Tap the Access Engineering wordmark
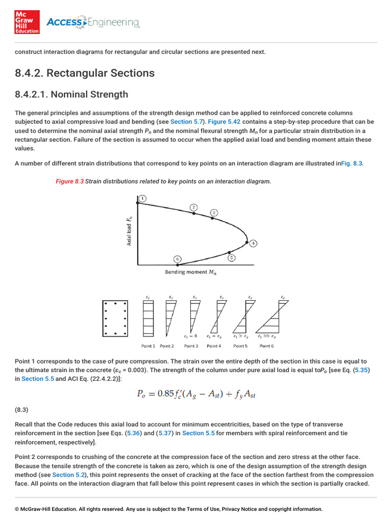click(x=93, y=22)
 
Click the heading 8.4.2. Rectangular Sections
click(x=85, y=73)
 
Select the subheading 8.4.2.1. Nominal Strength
click(x=71, y=94)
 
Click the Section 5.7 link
click(x=187, y=122)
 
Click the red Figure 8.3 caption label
click(x=69, y=181)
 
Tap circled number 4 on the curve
click(x=254, y=243)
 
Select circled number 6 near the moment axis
click(x=178, y=259)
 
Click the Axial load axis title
click(x=129, y=231)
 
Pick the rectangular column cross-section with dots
click(x=115, y=319)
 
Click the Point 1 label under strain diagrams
click(x=148, y=346)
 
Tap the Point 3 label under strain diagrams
click(x=191, y=346)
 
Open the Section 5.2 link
click(x=68, y=474)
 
